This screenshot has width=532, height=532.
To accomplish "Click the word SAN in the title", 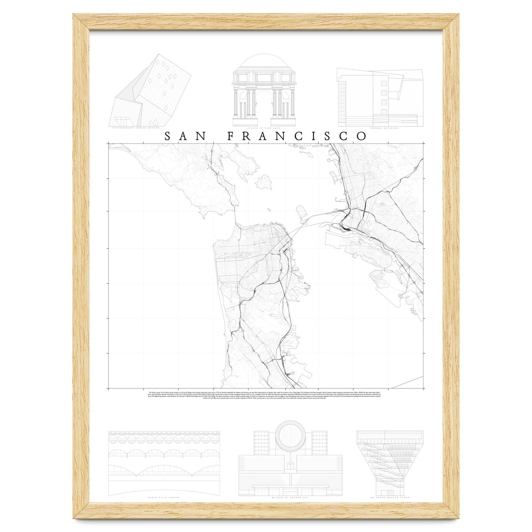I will pyautogui.click(x=184, y=136).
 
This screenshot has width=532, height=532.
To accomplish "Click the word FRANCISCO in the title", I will pyautogui.click(x=297, y=136).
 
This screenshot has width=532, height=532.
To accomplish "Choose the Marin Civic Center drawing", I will pyautogui.click(x=164, y=462).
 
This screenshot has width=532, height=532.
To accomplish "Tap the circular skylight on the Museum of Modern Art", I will pyautogui.click(x=291, y=437).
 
